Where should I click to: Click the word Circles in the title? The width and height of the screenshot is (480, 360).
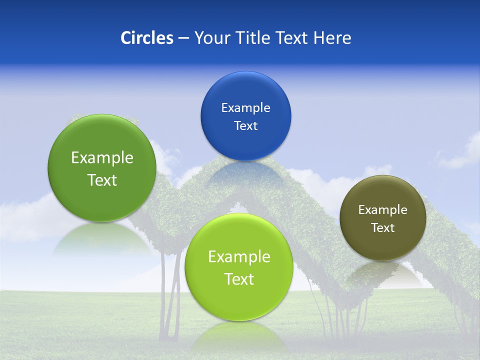[146, 38]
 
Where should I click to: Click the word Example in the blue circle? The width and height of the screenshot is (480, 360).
[245, 107]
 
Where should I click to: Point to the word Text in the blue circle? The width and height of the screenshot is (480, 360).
[245, 125]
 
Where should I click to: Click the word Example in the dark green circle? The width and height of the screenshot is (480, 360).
[102, 158]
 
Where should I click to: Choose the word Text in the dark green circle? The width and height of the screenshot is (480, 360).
[102, 180]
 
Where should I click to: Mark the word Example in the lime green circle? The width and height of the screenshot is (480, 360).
[239, 257]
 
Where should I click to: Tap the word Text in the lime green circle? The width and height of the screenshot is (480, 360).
[239, 279]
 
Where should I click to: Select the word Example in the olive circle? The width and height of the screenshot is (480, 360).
[383, 209]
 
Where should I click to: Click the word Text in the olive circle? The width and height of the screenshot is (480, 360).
[383, 228]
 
